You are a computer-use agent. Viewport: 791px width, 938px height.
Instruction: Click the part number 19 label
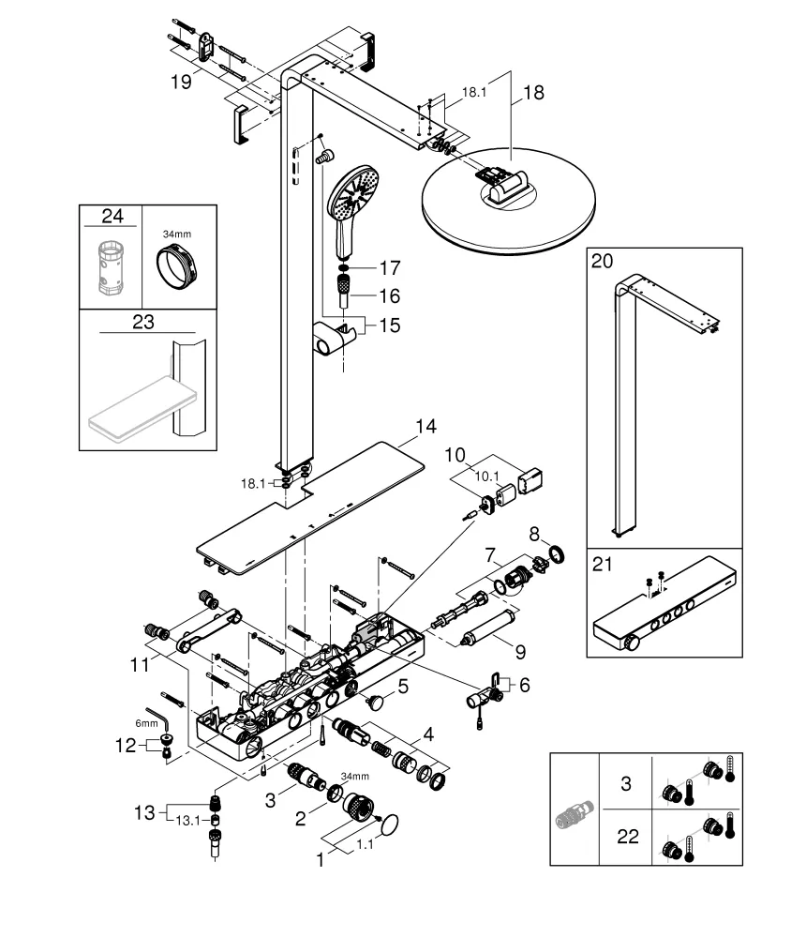182,82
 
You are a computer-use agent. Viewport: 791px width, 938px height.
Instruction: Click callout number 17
388,268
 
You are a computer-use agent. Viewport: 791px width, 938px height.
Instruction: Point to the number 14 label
425,427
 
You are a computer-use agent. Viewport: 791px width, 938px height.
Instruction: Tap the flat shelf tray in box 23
137,407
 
